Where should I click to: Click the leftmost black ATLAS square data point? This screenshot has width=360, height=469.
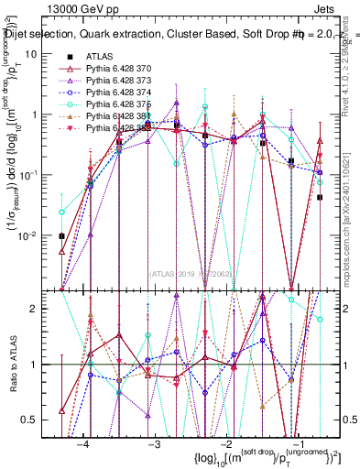point(61,261)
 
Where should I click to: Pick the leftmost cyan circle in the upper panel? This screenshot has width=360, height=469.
point(61,212)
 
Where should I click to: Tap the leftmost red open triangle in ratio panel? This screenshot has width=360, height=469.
point(61,410)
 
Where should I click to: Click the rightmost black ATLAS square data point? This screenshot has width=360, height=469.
point(320,197)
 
